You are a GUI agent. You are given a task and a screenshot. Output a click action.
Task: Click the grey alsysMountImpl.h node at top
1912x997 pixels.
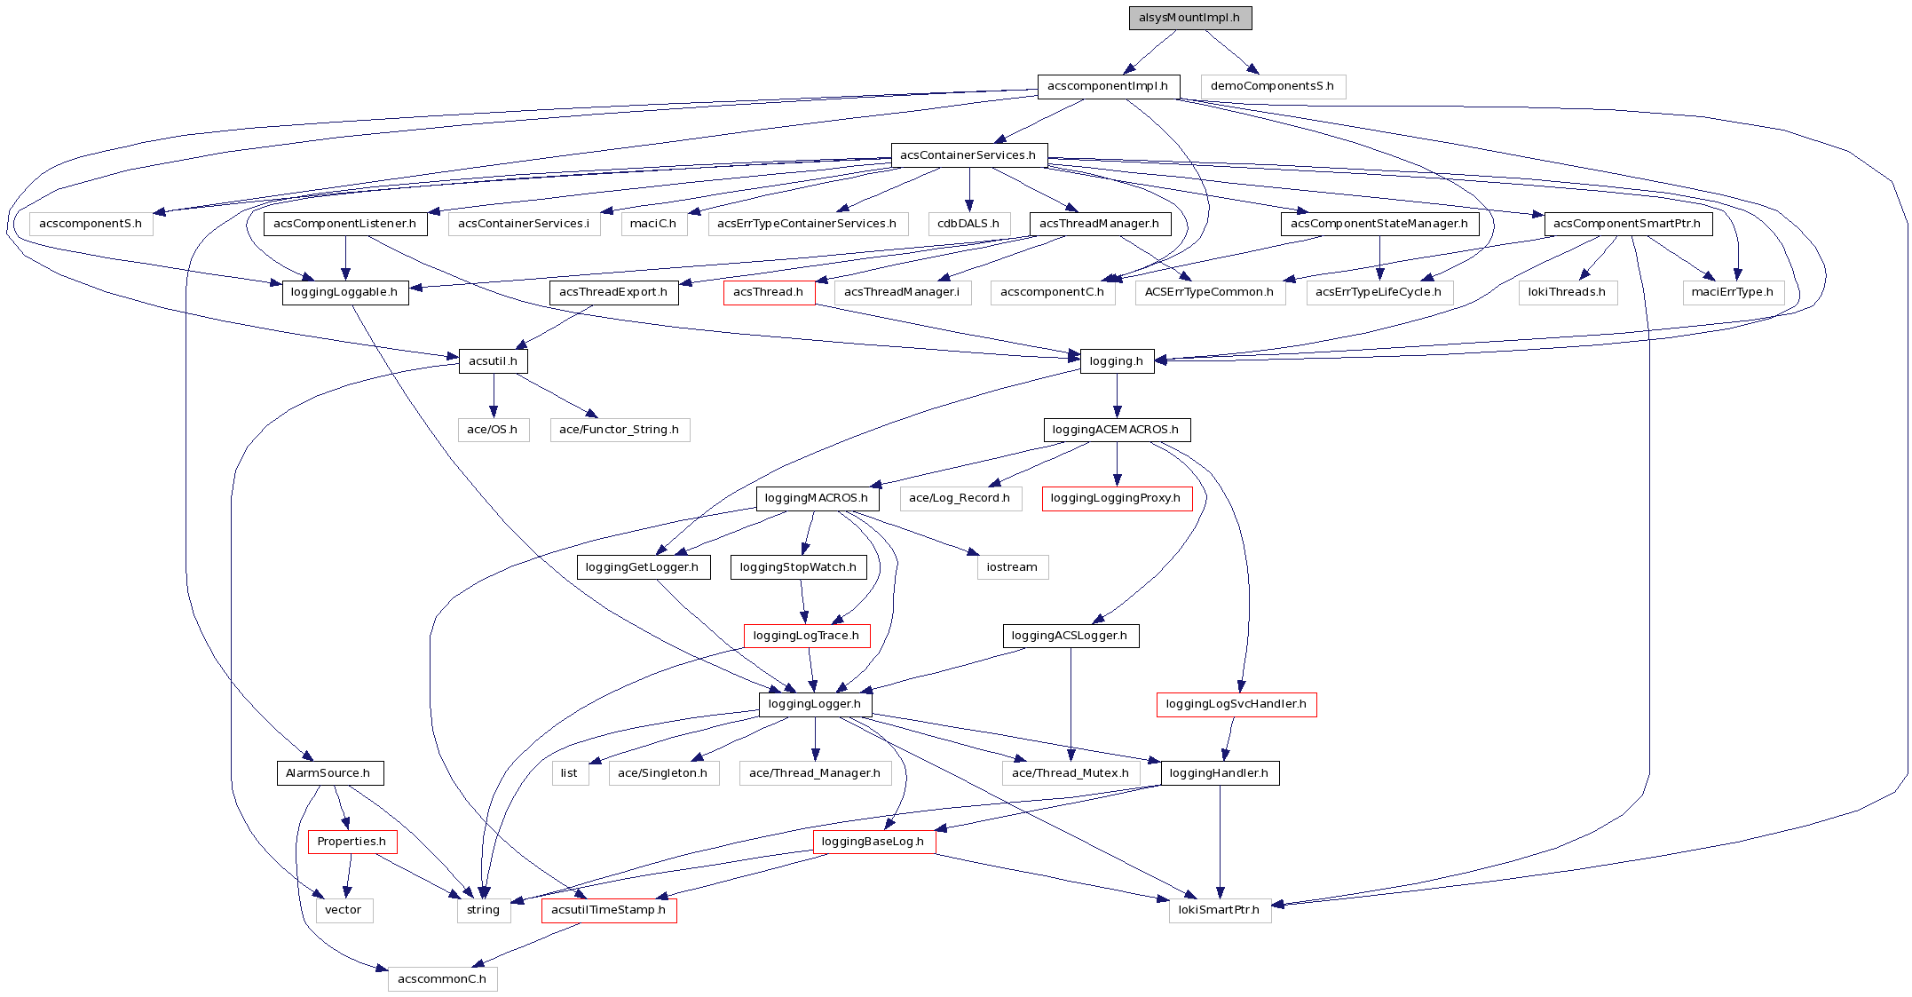[x=1189, y=18]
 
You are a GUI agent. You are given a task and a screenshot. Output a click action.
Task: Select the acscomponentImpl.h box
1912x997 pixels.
[x=1108, y=86]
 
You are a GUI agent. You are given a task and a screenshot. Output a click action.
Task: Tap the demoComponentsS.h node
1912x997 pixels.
[x=1272, y=86]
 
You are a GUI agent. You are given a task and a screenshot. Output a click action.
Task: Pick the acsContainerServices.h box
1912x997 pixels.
[x=968, y=155]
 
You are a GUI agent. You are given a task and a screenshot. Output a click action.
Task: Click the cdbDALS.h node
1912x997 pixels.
[x=968, y=224]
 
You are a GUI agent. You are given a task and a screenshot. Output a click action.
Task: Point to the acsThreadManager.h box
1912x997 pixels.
[x=1100, y=224]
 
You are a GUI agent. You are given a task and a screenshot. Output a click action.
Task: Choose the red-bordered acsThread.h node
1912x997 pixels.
[x=769, y=292]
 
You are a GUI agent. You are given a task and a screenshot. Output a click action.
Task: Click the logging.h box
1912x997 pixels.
[x=1117, y=361]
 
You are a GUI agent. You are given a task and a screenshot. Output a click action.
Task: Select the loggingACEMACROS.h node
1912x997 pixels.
[x=1116, y=430]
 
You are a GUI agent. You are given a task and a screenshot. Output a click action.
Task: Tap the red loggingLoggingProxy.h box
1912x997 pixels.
[x=1116, y=498]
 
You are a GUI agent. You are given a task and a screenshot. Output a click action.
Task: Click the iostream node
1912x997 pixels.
[x=1012, y=567]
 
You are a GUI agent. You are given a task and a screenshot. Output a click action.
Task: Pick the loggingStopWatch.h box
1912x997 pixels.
[x=798, y=567]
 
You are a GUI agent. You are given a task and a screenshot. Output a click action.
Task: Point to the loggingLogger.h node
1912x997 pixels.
[x=815, y=704]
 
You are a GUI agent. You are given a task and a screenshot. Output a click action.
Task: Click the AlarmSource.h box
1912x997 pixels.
[x=328, y=773]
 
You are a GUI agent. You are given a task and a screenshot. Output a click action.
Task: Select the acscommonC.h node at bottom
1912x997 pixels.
[x=442, y=979]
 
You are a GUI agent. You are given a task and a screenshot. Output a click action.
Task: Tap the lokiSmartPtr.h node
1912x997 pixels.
[x=1219, y=910]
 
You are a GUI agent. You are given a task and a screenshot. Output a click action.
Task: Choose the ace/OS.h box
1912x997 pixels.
[x=493, y=430]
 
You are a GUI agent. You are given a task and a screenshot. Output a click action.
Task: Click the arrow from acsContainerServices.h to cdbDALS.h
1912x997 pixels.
[x=969, y=189]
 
